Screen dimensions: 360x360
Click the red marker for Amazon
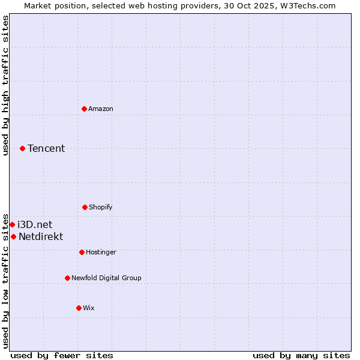coord(84,109)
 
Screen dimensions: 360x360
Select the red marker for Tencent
coord(22,148)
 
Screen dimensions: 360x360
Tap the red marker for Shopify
coord(85,207)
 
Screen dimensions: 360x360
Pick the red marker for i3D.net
coord(12,224)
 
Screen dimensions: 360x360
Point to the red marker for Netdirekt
coord(13,236)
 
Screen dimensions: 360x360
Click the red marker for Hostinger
coord(82,252)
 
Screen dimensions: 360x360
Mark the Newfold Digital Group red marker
coord(67,278)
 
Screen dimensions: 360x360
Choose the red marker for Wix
coord(79,308)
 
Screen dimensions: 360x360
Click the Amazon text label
coord(101,109)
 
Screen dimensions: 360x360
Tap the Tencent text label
coord(46,148)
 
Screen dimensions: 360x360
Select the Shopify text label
coord(101,207)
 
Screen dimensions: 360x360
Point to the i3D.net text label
coord(35,224)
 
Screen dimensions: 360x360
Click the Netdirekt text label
coord(41,236)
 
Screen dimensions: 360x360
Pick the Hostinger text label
coord(101,252)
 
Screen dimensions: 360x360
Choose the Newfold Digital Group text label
coord(106,278)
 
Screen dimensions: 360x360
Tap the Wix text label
coord(89,308)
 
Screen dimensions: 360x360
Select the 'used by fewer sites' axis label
coord(62,355)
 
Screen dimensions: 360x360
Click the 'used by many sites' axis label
coord(301,355)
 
